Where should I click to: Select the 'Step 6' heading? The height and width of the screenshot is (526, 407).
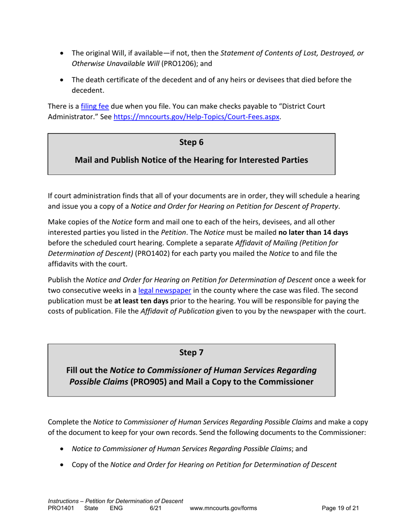point(191,142)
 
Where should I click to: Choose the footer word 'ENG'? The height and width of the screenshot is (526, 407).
point(117,508)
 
